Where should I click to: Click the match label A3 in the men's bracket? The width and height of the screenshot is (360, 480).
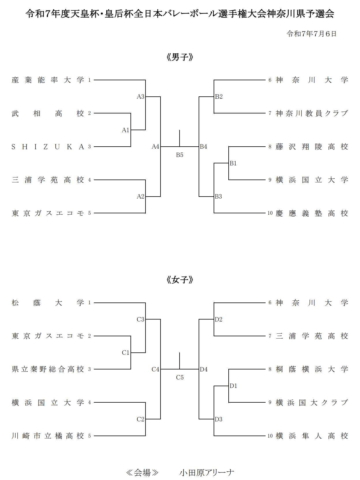click(x=140, y=96)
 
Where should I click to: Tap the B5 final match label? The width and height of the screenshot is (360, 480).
click(x=180, y=155)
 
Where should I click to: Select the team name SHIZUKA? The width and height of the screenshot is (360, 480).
click(x=48, y=147)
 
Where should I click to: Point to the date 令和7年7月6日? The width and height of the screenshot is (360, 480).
click(x=311, y=34)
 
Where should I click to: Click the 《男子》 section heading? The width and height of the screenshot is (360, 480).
click(x=180, y=57)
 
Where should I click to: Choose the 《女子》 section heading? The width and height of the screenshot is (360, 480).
click(x=180, y=280)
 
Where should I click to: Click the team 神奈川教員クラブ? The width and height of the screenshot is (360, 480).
click(x=312, y=113)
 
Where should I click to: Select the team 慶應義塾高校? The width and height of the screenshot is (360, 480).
click(x=312, y=213)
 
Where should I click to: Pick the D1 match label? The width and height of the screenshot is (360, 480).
click(x=233, y=386)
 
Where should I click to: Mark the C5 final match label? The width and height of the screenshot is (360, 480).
click(x=180, y=378)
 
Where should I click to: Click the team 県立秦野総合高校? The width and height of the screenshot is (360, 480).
click(x=48, y=369)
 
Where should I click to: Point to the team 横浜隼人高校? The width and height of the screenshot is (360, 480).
click(x=312, y=436)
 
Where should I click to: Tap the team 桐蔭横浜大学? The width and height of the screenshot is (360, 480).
click(x=312, y=369)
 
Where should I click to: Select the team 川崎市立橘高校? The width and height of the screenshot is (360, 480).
click(x=48, y=436)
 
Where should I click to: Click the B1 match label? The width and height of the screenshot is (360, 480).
click(x=233, y=163)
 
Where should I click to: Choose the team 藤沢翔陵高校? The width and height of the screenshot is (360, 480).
click(x=312, y=147)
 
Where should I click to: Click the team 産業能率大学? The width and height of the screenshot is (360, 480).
click(x=48, y=80)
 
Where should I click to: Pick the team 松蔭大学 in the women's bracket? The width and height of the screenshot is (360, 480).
click(x=48, y=303)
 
